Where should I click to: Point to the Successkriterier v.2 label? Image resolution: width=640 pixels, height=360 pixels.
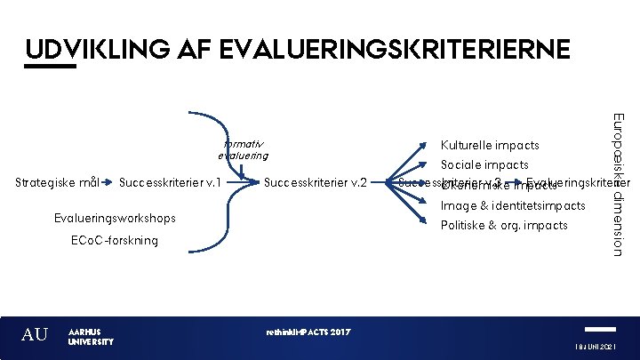(x=316, y=184)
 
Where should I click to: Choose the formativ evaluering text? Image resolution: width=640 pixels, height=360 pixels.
(x=242, y=148)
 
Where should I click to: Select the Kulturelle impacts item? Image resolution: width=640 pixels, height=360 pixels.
(x=490, y=145)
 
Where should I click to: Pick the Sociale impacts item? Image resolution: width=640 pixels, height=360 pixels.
(x=484, y=164)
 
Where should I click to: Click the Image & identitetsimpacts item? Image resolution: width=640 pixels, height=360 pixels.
(x=513, y=205)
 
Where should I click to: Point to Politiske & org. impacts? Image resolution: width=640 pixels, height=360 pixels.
(x=504, y=225)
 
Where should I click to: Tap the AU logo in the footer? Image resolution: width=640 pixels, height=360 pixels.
(x=35, y=335)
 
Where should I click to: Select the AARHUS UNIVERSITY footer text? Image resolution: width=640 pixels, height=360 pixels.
(x=91, y=336)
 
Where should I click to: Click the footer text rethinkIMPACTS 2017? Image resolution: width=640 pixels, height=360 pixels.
(x=308, y=332)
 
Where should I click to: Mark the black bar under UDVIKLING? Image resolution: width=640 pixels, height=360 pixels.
(x=52, y=65)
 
